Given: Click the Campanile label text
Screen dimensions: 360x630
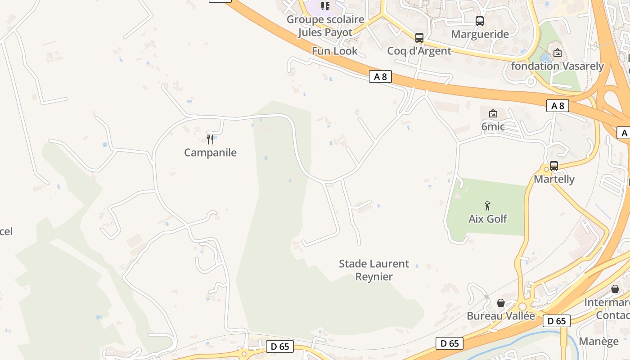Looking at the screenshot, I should pyautogui.click(x=210, y=153).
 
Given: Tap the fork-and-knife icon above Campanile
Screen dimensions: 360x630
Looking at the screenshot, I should pyautogui.click(x=210, y=139).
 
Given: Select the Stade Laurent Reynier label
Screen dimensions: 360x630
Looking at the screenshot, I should pyautogui.click(x=374, y=270).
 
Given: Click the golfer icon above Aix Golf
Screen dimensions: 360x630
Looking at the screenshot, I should pyautogui.click(x=487, y=206).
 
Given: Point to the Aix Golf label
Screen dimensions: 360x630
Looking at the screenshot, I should pyautogui.click(x=488, y=219).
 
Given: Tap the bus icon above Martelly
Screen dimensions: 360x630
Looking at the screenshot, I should pyautogui.click(x=554, y=166).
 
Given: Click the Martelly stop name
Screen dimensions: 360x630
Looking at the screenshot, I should pyautogui.click(x=554, y=179).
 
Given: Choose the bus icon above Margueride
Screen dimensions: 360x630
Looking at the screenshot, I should pyautogui.click(x=480, y=21).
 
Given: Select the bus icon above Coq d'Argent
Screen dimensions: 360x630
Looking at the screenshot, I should pyautogui.click(x=419, y=38).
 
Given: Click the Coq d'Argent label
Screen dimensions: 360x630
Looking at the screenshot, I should pyautogui.click(x=419, y=51).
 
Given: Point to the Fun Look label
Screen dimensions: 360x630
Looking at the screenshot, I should pyautogui.click(x=335, y=51).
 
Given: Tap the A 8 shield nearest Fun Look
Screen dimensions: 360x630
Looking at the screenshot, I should pyautogui.click(x=380, y=76).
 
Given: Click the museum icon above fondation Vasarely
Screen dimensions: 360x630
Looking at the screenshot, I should pyautogui.click(x=558, y=53).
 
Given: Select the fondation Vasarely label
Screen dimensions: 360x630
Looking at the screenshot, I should pyautogui.click(x=558, y=66).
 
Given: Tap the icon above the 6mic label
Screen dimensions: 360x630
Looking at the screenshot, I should pyautogui.click(x=493, y=113).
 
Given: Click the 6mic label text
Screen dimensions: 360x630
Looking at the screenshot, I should pyautogui.click(x=493, y=127).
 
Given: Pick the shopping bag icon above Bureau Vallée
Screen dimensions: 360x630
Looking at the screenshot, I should pyautogui.click(x=501, y=303).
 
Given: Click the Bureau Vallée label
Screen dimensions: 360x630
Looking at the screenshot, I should pyautogui.click(x=501, y=316).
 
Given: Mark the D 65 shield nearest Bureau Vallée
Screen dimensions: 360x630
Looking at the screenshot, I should pyautogui.click(x=557, y=321).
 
